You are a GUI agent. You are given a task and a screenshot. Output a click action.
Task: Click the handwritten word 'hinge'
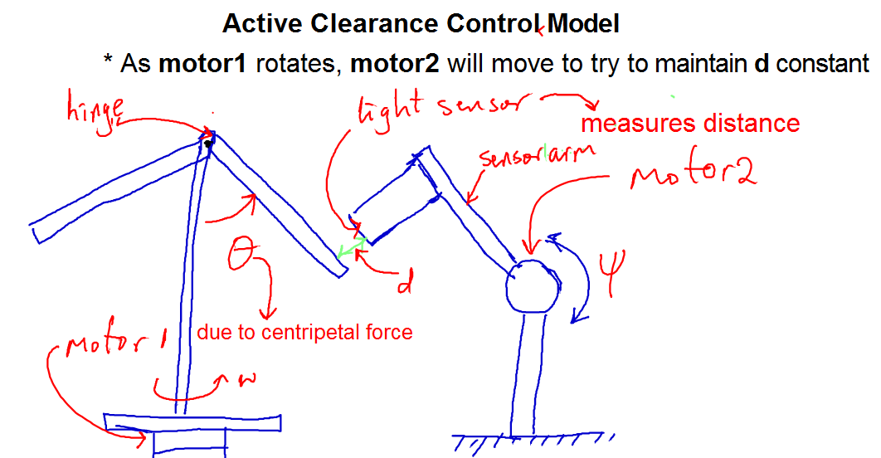coord(95,111)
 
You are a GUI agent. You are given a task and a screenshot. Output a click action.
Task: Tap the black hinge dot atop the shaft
coord(208,144)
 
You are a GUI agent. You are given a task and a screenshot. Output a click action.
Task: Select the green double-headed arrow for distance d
coord(352,247)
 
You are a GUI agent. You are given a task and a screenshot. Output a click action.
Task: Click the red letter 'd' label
coord(405,283)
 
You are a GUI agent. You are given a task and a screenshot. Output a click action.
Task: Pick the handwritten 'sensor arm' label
coord(537,155)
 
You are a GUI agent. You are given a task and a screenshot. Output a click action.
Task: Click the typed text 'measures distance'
coord(690,123)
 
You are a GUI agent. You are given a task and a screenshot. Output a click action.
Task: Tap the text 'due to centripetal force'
coord(304,332)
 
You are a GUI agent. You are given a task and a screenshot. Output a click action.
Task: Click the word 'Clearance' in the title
coord(373,23)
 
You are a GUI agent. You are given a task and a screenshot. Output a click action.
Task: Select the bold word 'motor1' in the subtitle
coord(202,63)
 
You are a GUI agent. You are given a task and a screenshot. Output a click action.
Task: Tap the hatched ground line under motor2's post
coord(533,436)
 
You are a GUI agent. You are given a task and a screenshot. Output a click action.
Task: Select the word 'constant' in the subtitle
coord(823,63)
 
